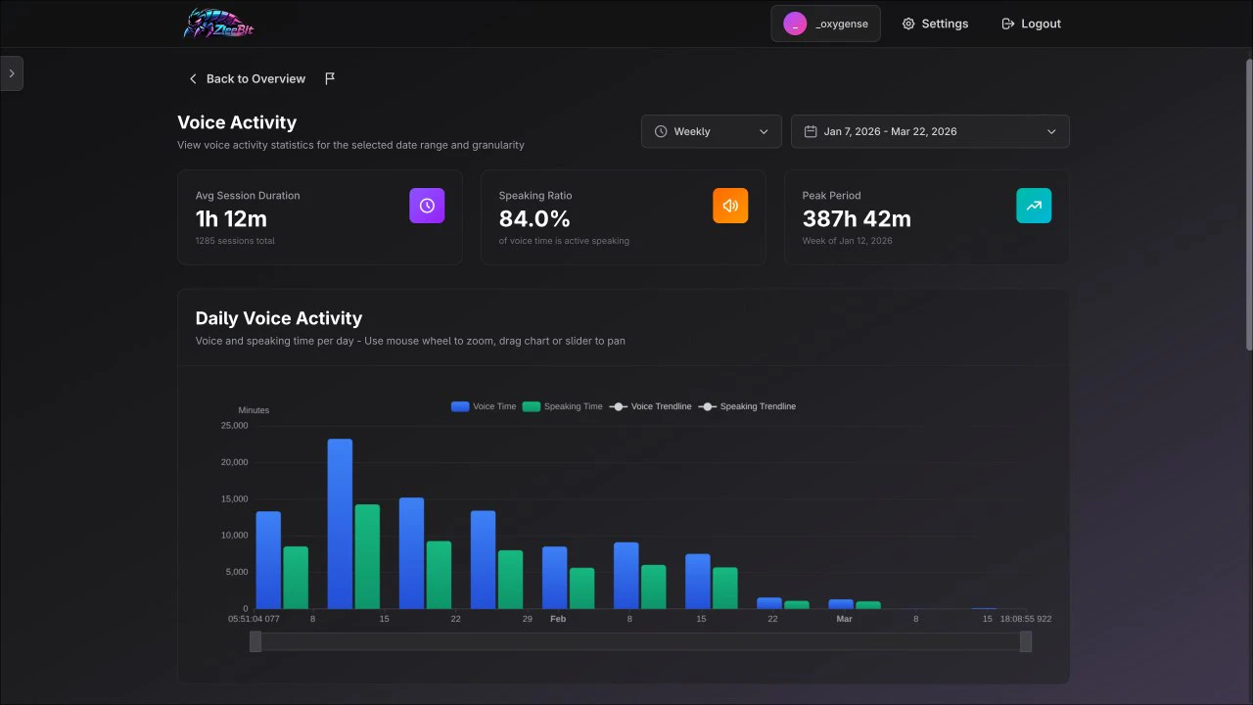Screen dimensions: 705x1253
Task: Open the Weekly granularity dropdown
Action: click(x=711, y=131)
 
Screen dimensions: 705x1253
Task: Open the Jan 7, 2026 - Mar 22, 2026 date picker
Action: click(x=929, y=131)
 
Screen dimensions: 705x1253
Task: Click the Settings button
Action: click(x=935, y=23)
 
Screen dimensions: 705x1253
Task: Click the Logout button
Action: click(x=1031, y=23)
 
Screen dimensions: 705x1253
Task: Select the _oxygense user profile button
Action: click(x=825, y=23)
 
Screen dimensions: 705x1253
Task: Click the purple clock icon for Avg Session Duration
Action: click(x=427, y=206)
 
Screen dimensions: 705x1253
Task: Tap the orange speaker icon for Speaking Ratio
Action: click(x=730, y=206)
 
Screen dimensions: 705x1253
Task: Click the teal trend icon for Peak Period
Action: click(x=1034, y=206)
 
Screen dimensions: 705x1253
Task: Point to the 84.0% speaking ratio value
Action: click(x=534, y=218)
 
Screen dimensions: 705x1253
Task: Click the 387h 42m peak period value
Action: click(x=857, y=218)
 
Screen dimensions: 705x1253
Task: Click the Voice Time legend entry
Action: click(x=484, y=406)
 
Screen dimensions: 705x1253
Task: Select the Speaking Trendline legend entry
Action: click(x=748, y=406)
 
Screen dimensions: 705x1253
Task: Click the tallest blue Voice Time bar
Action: click(x=340, y=524)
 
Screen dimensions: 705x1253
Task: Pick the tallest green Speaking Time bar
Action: click(x=367, y=556)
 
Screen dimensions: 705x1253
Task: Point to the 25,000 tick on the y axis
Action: click(x=234, y=426)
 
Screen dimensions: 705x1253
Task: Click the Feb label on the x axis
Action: click(x=558, y=619)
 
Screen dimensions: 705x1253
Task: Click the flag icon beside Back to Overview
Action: click(x=330, y=78)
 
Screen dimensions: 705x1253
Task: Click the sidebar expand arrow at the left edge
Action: click(x=11, y=73)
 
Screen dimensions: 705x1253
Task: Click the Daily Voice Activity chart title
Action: click(x=279, y=318)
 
